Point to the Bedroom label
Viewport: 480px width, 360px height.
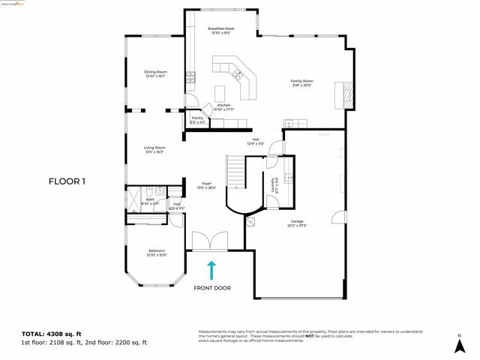[156, 252]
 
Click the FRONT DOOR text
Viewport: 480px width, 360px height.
[212, 288]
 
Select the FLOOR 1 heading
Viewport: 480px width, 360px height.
[67, 181]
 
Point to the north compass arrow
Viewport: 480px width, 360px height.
[459, 345]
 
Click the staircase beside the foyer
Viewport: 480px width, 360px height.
[237, 172]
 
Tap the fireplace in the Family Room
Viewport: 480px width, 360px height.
[346, 94]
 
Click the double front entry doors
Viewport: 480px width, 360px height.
[210, 241]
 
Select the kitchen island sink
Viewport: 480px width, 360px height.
[238, 73]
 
